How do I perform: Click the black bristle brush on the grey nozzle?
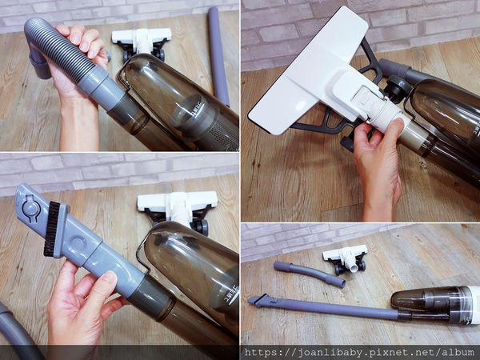(52, 229)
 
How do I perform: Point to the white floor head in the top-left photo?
(142, 42)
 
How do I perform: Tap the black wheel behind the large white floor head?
(397, 89)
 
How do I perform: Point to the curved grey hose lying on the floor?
(310, 273)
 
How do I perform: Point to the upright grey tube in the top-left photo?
(218, 57)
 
